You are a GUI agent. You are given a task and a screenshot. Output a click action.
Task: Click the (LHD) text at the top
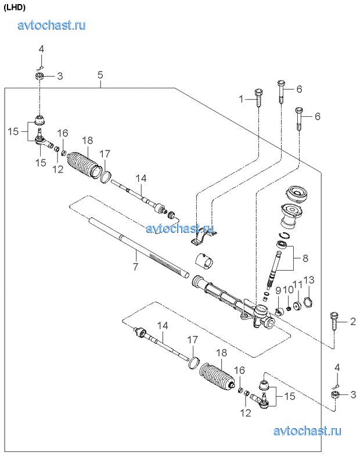tap(15, 8)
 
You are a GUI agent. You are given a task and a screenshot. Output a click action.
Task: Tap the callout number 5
tap(100, 75)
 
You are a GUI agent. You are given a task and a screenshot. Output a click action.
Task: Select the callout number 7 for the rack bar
tap(135, 266)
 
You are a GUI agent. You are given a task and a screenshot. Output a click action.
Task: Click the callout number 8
tap(305, 258)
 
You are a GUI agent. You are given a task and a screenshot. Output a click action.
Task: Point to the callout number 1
tap(241, 99)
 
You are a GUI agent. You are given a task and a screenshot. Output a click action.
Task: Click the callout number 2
tap(352, 321)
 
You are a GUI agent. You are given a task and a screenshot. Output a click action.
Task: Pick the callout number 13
tap(309, 280)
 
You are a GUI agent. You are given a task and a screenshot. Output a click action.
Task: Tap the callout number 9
tap(278, 290)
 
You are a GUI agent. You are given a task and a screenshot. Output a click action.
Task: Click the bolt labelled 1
tap(259, 98)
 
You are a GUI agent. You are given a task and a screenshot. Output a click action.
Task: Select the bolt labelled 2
tap(333, 321)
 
